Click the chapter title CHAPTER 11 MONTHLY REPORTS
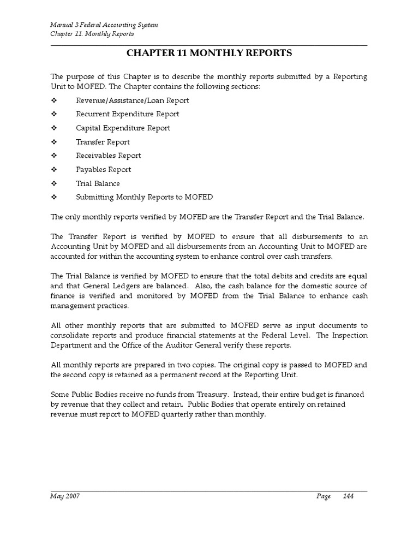[x=209, y=53]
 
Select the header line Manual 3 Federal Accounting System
[x=104, y=26]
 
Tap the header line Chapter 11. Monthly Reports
[x=92, y=34]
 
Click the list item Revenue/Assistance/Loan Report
[x=133, y=100]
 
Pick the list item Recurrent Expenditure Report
[x=127, y=114]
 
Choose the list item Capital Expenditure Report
[x=123, y=128]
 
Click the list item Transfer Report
[x=103, y=142]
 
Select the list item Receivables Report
[x=108, y=156]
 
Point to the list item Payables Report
[x=103, y=170]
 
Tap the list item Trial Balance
[x=98, y=183]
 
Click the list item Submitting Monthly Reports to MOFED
[x=144, y=197]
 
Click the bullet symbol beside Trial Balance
[x=54, y=183]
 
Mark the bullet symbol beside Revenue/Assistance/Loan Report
[x=54, y=100]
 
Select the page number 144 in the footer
[x=349, y=496]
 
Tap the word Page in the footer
[x=324, y=496]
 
